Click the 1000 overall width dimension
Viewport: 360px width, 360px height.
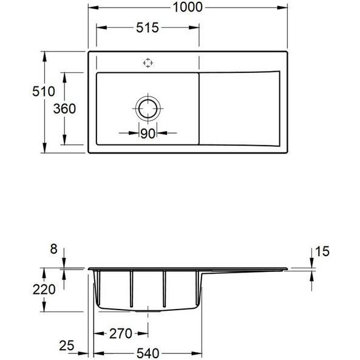coord(188,7)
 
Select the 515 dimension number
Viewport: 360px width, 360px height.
coord(148,27)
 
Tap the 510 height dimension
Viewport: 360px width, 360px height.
coord(44,91)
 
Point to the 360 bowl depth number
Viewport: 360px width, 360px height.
coord(64,109)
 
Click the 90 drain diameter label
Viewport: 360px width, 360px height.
coord(148,134)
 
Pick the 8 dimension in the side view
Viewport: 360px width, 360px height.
coord(53,249)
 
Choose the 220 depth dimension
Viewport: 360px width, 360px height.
coord(44,290)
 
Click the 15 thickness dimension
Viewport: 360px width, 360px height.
coord(322,251)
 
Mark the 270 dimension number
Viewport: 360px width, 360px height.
coord(121,334)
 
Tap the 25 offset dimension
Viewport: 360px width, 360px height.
coord(67,345)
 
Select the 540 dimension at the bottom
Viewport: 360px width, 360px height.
coord(148,353)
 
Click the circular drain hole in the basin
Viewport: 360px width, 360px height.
coord(148,109)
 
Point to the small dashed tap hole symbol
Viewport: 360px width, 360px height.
coord(148,63)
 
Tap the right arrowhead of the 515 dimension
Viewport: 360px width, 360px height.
coord(194,27)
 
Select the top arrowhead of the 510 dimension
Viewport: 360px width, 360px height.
coord(44,56)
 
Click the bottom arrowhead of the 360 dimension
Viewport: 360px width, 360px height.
coord(64,140)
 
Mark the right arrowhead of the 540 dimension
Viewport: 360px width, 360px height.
coord(197,353)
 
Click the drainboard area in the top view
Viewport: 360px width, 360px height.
coord(239,109)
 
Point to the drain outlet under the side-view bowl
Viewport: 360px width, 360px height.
coord(148,311)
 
